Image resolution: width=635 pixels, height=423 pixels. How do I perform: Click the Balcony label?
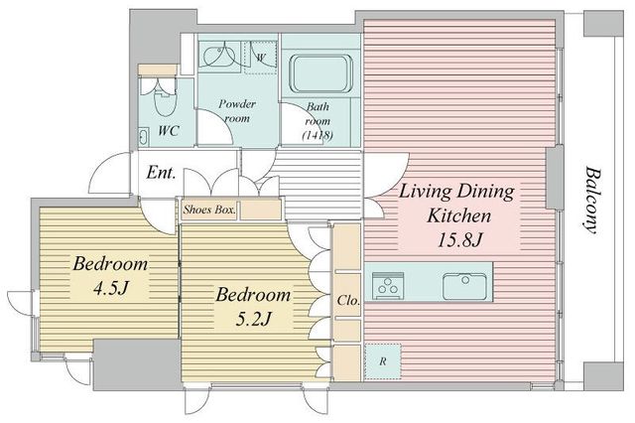coord(592,201)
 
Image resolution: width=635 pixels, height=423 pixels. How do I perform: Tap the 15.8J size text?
coord(459,240)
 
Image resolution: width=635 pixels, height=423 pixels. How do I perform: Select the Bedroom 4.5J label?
coord(110,276)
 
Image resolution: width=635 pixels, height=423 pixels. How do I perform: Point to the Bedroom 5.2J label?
coord(253,307)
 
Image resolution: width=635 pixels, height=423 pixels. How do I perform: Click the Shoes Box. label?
coord(209,210)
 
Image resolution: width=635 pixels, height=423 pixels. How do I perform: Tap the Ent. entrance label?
coord(161,173)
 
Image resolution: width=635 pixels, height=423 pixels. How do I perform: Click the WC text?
coord(169,130)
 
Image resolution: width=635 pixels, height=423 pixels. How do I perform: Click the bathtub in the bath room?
coord(320,73)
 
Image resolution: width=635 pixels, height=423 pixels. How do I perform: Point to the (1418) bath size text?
coord(317,135)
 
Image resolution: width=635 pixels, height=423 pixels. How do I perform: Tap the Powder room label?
coord(237,110)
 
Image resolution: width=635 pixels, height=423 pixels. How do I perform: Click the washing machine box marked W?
coord(260,58)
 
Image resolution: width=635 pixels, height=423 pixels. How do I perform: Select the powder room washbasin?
coord(219,57)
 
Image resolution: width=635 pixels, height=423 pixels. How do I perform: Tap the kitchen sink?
coord(464,286)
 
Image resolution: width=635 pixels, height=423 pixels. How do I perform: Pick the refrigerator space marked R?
coord(383,361)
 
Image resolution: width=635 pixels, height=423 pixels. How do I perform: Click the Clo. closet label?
coord(348,301)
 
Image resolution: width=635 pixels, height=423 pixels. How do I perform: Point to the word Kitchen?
coord(459,215)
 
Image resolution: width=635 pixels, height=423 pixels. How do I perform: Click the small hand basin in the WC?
coord(144,137)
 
